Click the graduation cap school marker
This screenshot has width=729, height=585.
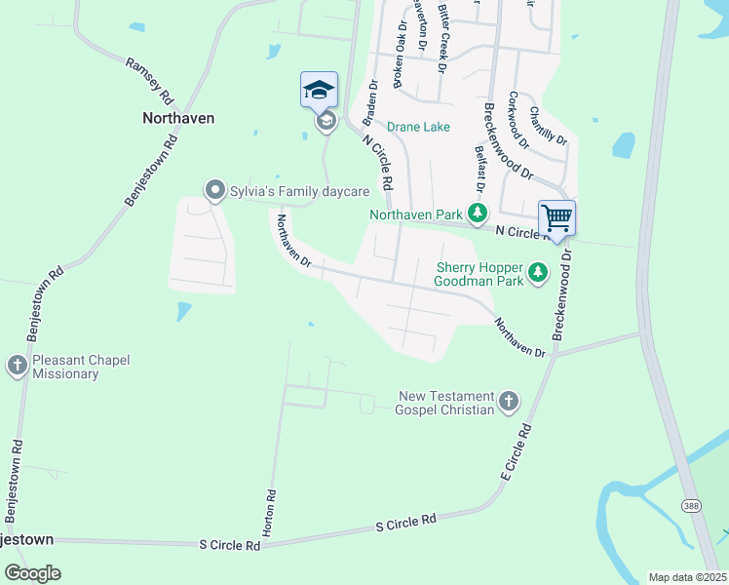coord(319,91)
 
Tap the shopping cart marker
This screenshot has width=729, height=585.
coord(556,217)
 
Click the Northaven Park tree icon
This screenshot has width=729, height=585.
coord(477,213)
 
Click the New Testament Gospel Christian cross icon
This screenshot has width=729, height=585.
coord(509,401)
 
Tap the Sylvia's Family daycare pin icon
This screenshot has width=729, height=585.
coord(213,189)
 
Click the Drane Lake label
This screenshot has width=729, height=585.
coord(418,127)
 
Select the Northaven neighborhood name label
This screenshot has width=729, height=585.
coord(178,117)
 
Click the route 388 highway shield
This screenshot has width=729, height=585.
coord(690,506)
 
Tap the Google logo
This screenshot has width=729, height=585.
coord(31,573)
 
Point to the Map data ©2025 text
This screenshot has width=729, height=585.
coord(687,577)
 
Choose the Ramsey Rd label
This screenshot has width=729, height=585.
coord(149,81)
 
